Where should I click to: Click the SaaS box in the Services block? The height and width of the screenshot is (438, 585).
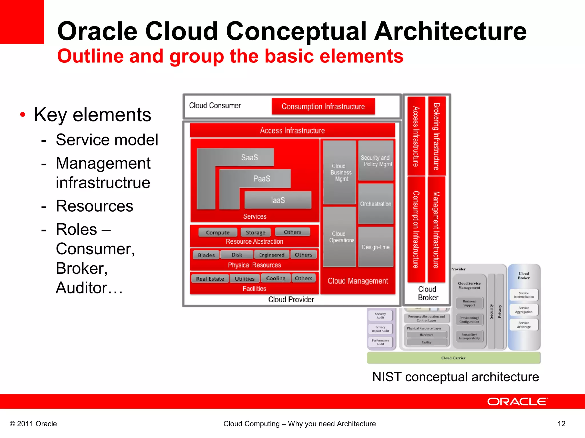(249, 157)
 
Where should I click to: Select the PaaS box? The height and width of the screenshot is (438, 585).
(261, 179)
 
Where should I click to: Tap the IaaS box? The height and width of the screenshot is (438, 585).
(278, 200)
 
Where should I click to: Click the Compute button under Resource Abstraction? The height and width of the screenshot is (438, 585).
(218, 232)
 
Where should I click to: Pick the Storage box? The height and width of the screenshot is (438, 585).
(255, 232)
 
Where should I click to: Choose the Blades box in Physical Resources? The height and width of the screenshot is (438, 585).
(206, 255)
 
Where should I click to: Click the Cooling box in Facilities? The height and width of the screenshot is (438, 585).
(276, 278)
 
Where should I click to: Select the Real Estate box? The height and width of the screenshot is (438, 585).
(210, 279)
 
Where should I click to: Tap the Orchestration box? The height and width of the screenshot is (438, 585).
(376, 204)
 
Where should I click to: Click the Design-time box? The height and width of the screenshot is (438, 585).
(376, 247)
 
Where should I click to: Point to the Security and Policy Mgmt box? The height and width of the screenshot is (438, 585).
(376, 161)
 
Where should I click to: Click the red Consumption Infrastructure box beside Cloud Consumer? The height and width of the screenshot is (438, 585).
(323, 106)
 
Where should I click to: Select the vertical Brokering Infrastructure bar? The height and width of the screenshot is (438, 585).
(436, 136)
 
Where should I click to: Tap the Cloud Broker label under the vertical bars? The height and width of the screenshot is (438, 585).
(428, 293)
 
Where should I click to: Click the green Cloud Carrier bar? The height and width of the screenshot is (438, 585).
(453, 358)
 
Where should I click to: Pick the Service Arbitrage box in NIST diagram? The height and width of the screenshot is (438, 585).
(524, 325)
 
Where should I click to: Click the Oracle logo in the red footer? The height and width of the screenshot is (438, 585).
(517, 401)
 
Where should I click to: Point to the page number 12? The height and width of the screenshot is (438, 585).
(561, 424)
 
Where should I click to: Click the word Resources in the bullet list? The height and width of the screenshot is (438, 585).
(95, 206)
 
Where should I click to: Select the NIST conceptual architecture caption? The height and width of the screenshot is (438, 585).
(456, 377)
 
